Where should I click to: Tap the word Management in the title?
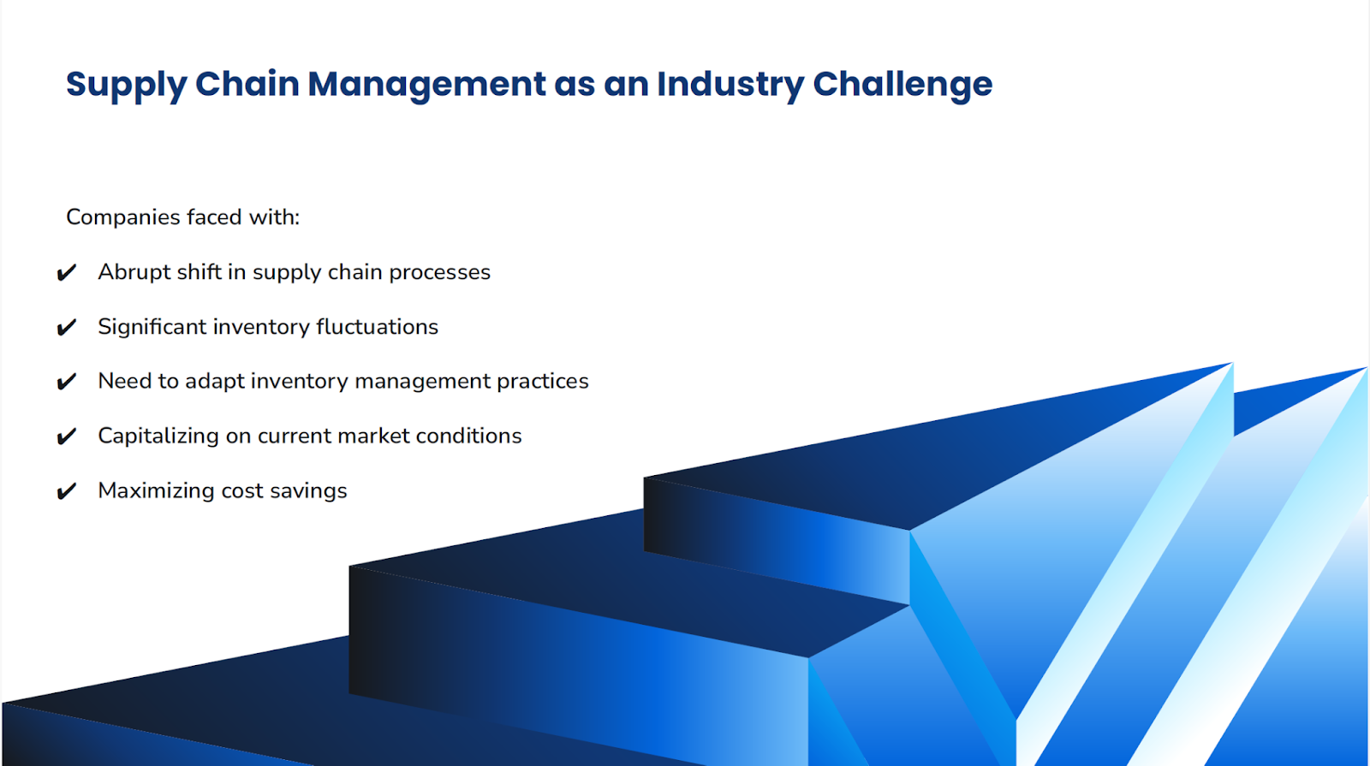(426, 85)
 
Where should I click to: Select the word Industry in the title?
(730, 85)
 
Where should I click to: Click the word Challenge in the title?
(902, 85)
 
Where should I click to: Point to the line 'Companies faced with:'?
(182, 217)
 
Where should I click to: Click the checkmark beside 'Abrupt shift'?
(66, 273)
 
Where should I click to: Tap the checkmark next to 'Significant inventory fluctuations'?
(66, 328)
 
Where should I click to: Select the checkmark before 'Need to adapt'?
(66, 382)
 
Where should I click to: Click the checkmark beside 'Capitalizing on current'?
(66, 436)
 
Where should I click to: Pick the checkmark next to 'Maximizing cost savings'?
(66, 491)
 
